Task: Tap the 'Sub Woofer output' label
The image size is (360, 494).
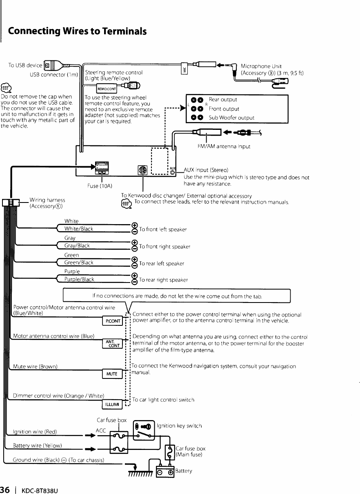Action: point(231,118)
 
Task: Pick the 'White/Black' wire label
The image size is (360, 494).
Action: point(79,229)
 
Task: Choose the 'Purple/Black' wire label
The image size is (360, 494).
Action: point(80,279)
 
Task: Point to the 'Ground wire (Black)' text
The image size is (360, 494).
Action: point(58,460)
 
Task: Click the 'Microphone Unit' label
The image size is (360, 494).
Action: point(261,66)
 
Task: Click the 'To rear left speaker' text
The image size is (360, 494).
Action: point(162,263)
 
